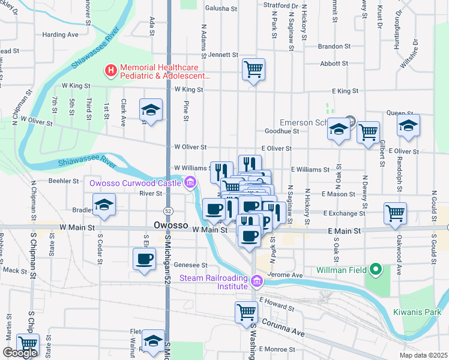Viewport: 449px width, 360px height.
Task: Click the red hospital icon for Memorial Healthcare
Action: tap(110, 71)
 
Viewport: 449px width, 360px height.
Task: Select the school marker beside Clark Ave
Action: tap(151, 110)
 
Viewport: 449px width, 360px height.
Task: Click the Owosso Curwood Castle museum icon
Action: tap(190, 182)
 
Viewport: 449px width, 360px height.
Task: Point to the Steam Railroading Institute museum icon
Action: tap(257, 281)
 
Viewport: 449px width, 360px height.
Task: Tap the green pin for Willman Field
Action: tap(376, 270)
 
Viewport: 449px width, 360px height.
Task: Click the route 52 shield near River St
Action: tap(169, 211)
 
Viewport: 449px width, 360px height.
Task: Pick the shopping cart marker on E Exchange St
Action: tap(396, 212)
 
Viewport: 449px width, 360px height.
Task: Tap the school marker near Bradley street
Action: tap(104, 205)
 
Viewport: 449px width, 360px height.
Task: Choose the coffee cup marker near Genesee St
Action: tap(144, 259)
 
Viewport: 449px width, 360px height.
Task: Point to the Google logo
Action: tap(20, 353)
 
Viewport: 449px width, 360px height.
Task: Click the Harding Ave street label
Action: tap(61, 35)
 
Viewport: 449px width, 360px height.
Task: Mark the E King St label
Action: tap(345, 91)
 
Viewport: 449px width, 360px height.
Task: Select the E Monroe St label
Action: tap(279, 349)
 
